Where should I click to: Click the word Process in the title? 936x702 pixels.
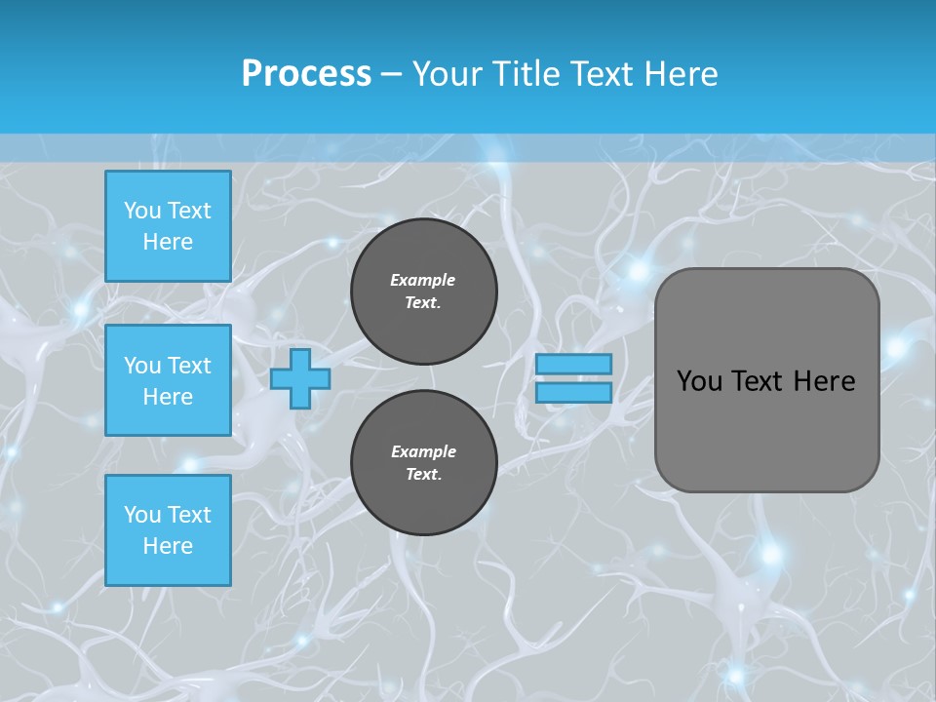tap(306, 74)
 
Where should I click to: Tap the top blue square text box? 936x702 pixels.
tap(168, 226)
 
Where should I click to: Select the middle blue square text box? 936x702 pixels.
tap(168, 380)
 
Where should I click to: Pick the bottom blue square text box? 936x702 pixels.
tap(168, 530)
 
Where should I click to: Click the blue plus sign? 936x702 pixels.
tap(299, 378)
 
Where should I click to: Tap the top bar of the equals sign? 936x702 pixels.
tap(574, 365)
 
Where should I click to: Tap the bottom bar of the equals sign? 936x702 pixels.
tap(574, 393)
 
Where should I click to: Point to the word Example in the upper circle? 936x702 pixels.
tap(423, 280)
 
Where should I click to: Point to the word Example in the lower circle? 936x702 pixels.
tap(423, 451)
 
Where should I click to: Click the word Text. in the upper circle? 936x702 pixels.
tap(423, 303)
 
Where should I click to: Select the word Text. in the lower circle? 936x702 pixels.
tap(423, 475)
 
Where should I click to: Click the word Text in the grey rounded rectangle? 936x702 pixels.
tap(762, 381)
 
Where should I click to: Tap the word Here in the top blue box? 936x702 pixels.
tap(168, 242)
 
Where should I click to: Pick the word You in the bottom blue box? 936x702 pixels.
tap(141, 515)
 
